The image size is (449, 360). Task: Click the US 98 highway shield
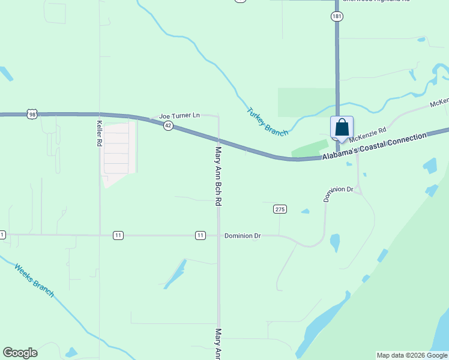(32, 114)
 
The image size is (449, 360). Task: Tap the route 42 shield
(169, 125)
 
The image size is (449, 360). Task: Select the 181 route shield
(337, 17)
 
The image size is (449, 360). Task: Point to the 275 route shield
(280, 209)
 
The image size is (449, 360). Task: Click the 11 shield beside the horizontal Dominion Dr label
(200, 235)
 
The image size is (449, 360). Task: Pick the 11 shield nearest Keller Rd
(118, 235)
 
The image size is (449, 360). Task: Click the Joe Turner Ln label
(179, 116)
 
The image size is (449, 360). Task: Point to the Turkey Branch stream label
(268, 121)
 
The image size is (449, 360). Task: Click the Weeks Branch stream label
(34, 281)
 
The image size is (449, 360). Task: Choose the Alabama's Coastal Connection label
(374, 146)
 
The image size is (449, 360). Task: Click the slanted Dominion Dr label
(339, 193)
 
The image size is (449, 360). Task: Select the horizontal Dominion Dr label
(243, 236)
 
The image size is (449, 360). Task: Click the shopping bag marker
(342, 128)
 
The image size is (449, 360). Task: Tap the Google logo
(20, 353)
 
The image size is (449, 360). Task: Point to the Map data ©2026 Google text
(412, 355)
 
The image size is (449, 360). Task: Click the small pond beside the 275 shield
(306, 211)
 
